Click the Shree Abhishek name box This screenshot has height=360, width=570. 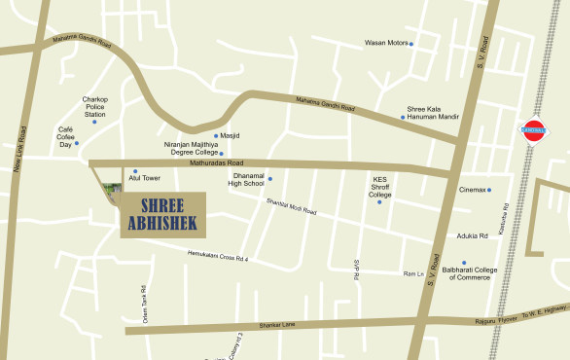click(162, 214)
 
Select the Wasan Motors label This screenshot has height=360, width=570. click(385, 44)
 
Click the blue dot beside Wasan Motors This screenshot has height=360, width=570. click(411, 44)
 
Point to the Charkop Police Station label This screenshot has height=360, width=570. click(94, 106)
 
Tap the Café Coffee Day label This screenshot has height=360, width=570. click(66, 136)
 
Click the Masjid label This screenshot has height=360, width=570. click(230, 136)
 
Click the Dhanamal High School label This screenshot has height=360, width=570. click(246, 179)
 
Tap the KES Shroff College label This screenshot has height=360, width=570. click(380, 187)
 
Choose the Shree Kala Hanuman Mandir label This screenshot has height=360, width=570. click(432, 113)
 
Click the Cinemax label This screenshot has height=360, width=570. click(473, 190)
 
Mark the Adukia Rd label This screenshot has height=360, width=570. click(471, 236)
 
